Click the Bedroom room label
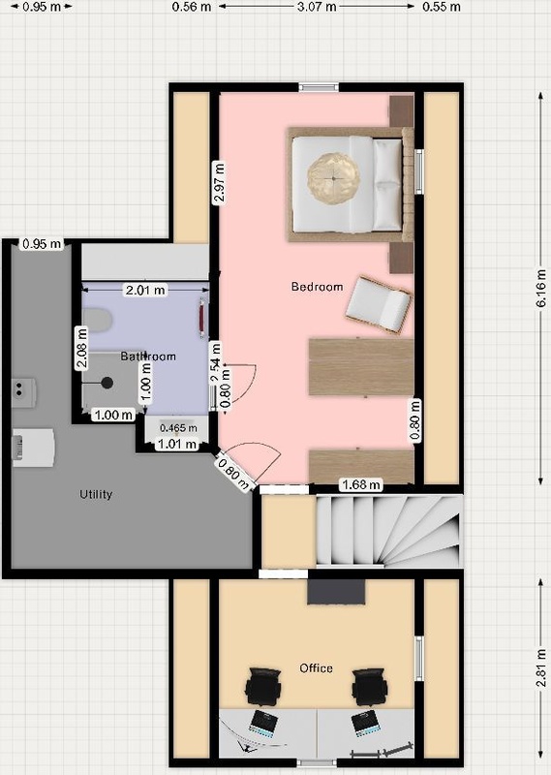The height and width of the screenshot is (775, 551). click(x=317, y=287)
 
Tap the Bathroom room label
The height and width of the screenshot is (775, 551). click(x=148, y=356)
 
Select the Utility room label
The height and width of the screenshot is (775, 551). click(x=96, y=494)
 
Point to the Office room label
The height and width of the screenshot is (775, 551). click(x=316, y=668)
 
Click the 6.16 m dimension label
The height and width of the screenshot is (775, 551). click(x=541, y=288)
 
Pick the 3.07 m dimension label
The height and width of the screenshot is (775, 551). click(x=317, y=7)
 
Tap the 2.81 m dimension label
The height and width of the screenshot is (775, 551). click(x=541, y=668)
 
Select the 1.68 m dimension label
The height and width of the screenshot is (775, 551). click(x=361, y=485)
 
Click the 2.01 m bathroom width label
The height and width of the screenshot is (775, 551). click(x=145, y=290)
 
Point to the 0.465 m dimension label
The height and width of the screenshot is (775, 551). click(x=178, y=428)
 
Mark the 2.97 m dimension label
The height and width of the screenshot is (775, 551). click(x=219, y=182)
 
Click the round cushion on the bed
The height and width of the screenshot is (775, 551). click(x=333, y=177)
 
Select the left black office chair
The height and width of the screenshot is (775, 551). click(x=263, y=686)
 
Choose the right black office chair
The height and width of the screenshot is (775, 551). click(x=369, y=686)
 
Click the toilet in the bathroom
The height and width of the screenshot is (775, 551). click(x=96, y=320)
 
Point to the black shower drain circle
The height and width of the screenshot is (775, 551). click(x=107, y=383)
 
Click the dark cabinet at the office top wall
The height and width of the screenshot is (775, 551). click(x=336, y=592)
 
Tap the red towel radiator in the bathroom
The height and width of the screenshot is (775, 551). click(x=202, y=318)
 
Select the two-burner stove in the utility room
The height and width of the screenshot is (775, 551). click(x=23, y=392)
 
